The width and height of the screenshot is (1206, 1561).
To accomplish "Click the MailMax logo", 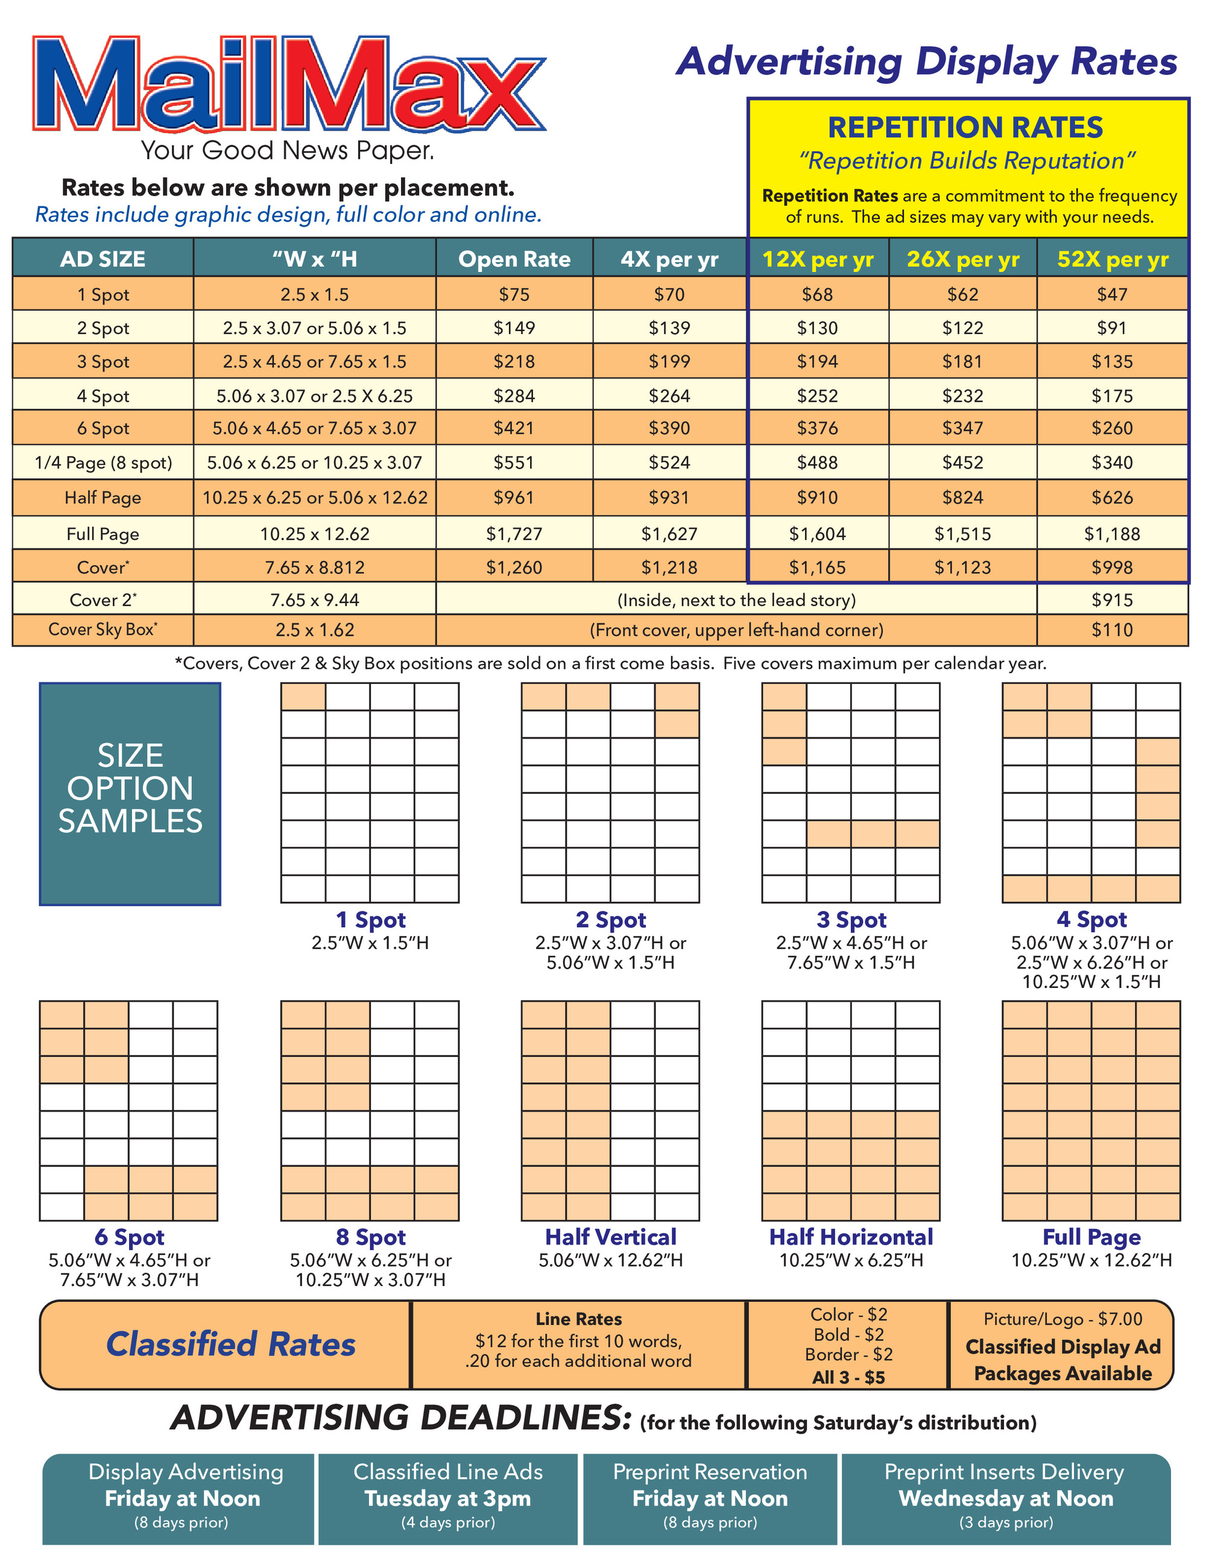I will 289,84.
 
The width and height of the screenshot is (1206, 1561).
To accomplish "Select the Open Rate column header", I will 514,259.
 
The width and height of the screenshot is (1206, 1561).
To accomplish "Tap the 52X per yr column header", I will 1113,259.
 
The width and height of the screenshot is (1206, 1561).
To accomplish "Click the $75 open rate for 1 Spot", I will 514,294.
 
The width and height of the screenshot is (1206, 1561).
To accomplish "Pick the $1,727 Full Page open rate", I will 514,534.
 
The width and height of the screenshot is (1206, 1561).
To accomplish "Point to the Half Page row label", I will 103,498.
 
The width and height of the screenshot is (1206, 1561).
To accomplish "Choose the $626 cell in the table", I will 1112,498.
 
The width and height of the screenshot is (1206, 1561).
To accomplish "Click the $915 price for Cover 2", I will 1112,600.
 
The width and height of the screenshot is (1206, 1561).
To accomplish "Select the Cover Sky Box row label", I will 103,630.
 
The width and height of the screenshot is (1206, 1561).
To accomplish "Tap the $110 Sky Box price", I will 1112,630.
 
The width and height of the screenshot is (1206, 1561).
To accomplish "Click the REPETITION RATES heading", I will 965,128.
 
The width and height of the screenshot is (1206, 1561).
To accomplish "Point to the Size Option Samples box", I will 130,793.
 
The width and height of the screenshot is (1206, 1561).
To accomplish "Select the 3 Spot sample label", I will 851,919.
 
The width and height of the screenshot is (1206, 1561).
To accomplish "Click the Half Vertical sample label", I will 610,1236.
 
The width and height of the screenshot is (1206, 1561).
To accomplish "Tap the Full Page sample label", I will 1091,1236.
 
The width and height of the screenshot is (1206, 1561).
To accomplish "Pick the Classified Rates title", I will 230,1344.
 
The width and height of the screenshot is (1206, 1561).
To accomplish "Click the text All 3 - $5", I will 848,1376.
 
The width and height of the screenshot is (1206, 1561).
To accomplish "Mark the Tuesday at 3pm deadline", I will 448,1498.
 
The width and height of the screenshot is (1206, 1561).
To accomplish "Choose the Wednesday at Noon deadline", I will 1005,1498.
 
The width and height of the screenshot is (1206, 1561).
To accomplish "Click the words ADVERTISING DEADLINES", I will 401,1418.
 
